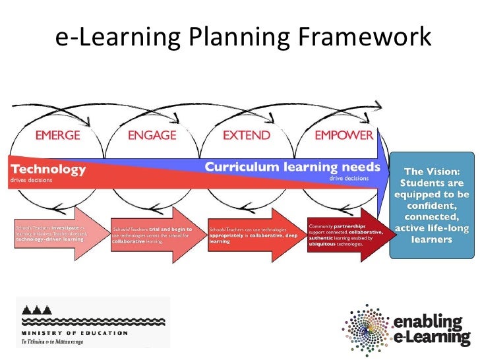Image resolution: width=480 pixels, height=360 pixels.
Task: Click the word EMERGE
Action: [x=59, y=135]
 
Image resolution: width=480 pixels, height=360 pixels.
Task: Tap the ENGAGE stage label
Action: [x=152, y=135]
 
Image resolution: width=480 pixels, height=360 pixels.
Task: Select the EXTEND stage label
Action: [x=246, y=135]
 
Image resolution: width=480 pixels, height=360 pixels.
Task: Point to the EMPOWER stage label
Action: [x=344, y=135]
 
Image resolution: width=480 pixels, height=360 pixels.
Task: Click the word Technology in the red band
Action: [x=48, y=169]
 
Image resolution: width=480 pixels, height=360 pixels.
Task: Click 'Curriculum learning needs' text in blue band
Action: [x=292, y=167]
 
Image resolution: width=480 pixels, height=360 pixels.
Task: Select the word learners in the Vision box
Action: [x=432, y=241]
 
